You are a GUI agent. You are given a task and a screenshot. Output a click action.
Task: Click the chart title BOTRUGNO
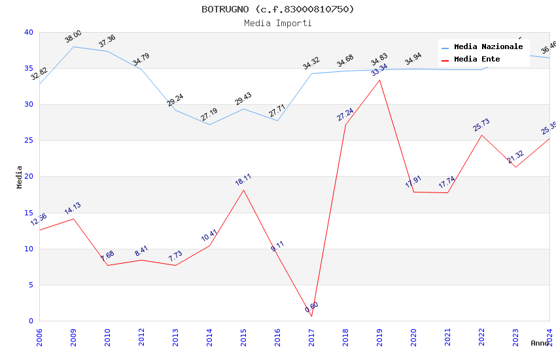[x=277, y=9]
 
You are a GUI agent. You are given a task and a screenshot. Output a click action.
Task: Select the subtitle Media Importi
[x=277, y=23]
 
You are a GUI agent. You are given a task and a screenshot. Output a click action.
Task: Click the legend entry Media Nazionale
[x=488, y=47]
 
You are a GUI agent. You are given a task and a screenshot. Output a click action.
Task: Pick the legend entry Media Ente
[x=477, y=60]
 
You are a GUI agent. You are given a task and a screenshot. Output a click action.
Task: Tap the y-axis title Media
[x=20, y=177]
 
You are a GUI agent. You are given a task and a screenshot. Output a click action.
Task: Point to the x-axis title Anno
[x=540, y=343]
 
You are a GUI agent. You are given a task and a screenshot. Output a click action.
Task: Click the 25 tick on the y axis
[x=28, y=141]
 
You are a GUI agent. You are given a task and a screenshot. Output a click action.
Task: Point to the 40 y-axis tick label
[x=28, y=33]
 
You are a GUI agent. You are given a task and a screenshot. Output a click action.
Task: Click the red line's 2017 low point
[x=311, y=317]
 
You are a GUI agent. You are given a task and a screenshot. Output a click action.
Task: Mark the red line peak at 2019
[x=379, y=80]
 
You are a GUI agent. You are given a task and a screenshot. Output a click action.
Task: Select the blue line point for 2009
[x=73, y=46]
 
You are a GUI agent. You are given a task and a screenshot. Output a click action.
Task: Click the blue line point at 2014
[x=209, y=124]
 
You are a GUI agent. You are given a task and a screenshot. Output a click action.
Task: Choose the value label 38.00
[x=73, y=37]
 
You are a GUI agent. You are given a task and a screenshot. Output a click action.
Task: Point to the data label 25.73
[x=481, y=125]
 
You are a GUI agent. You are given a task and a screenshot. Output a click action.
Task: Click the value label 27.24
[x=345, y=115]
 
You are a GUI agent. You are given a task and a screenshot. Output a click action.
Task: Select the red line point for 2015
[x=243, y=190]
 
